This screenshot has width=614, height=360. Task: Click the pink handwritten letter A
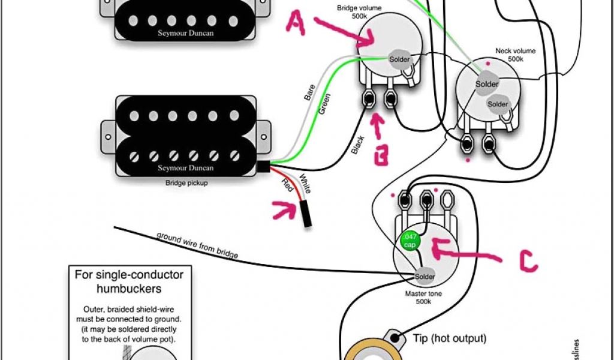click(x=296, y=23)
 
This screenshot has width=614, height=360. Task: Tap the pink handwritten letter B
click(x=380, y=150)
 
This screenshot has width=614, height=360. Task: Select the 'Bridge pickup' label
click(x=186, y=182)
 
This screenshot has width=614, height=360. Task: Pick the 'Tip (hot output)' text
click(x=449, y=338)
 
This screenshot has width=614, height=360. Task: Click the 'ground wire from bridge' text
click(x=197, y=245)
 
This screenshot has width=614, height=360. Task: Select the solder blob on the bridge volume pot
click(x=399, y=59)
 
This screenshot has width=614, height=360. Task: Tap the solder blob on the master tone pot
click(x=425, y=276)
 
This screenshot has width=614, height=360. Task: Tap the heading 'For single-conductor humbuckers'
click(x=129, y=282)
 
